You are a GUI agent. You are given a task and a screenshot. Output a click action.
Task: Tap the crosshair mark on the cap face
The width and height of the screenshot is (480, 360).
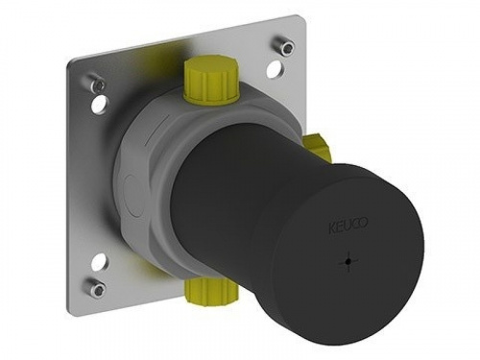348,261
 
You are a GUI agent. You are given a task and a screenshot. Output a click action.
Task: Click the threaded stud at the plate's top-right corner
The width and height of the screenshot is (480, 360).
283,47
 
